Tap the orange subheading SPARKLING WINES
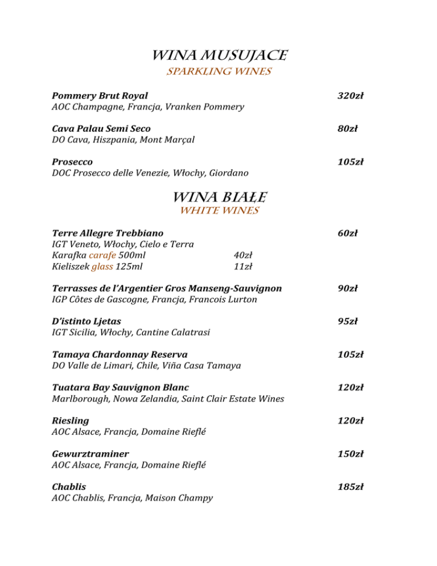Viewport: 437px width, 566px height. tap(218, 72)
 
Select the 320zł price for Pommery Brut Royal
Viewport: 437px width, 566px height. tap(350, 96)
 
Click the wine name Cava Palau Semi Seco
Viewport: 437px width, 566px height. tap(101, 129)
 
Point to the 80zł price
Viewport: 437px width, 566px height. tap(347, 129)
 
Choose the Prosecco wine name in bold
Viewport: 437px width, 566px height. tap(72, 162)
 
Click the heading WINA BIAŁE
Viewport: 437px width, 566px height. tap(218, 197)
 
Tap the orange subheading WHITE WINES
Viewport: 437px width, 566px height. tap(218, 211)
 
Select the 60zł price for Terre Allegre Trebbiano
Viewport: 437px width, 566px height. tap(347, 233)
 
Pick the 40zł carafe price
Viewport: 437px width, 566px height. tap(243, 255)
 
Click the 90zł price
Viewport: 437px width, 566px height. tap(347, 289)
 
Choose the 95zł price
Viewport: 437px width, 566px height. tap(347, 322)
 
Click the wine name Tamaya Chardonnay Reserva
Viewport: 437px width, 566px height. tap(119, 355)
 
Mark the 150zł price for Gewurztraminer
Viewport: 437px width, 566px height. tap(350, 454)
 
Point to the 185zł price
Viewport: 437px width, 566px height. tap(350, 487)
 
